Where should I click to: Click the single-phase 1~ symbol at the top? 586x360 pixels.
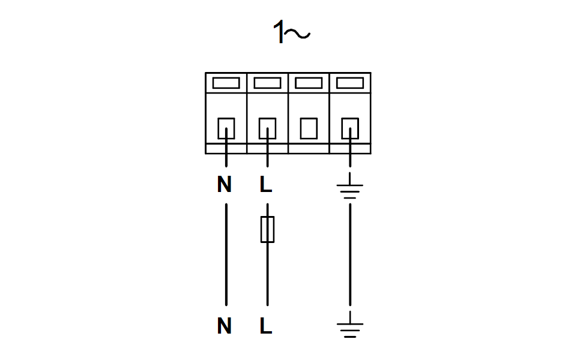click(292, 32)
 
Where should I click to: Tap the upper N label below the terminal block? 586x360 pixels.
click(224, 184)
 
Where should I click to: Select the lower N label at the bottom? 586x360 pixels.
click(224, 326)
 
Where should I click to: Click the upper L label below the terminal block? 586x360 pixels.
click(266, 184)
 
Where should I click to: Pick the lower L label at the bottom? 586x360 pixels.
click(266, 326)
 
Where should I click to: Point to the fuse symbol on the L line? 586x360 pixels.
click(268, 229)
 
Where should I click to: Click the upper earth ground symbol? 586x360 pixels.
click(350, 185)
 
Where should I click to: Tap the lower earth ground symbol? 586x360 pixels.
click(350, 324)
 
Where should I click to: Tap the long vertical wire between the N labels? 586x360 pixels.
click(226, 254)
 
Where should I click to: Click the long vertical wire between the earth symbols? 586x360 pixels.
click(350, 254)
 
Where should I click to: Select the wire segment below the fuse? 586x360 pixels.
click(268, 274)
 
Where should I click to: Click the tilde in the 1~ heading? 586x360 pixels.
click(297, 34)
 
